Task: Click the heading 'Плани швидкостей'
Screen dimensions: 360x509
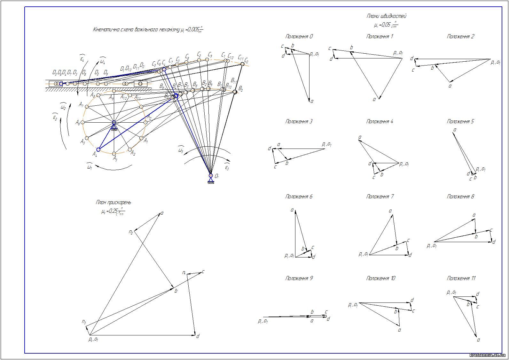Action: (x=386, y=16)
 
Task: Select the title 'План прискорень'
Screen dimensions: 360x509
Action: (x=113, y=202)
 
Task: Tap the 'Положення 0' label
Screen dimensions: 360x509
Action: (x=299, y=36)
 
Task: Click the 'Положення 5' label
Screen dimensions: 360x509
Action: (x=460, y=121)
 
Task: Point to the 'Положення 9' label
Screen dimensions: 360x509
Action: (x=299, y=278)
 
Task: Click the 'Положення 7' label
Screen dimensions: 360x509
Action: (x=380, y=196)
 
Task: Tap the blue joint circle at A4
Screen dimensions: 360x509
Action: (x=98, y=149)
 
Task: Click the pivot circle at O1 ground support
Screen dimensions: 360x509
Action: (x=210, y=175)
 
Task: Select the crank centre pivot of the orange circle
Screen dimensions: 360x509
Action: (x=114, y=122)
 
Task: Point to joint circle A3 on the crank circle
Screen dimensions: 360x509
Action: (x=114, y=154)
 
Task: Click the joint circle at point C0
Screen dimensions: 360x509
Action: (x=242, y=64)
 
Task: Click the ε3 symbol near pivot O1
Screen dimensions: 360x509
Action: (x=227, y=167)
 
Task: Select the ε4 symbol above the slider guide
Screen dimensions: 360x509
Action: (x=82, y=59)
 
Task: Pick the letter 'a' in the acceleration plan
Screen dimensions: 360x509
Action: (x=162, y=213)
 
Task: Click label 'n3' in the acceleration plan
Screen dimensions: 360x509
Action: (x=84, y=322)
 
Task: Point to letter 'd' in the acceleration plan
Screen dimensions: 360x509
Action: (x=198, y=336)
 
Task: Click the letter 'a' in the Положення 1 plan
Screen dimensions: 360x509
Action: (x=374, y=99)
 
